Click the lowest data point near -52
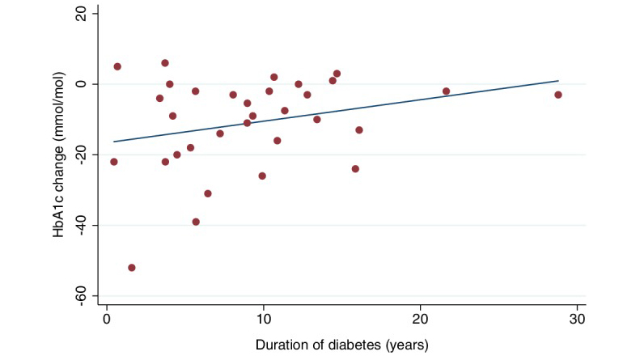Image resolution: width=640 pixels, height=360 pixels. [132, 268]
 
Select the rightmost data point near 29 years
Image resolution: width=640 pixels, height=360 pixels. [558, 95]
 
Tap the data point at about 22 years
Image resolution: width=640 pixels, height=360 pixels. [446, 91]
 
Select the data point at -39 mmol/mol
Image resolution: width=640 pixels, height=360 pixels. [196, 222]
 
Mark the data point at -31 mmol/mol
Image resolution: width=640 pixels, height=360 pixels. [208, 193]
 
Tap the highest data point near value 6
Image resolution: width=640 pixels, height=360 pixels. [165, 63]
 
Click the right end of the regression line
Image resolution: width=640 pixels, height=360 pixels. [558, 81]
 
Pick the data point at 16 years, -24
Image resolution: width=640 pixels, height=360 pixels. [355, 169]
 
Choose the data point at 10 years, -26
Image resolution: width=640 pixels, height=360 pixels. [262, 176]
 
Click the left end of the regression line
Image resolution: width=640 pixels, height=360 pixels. [113, 142]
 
